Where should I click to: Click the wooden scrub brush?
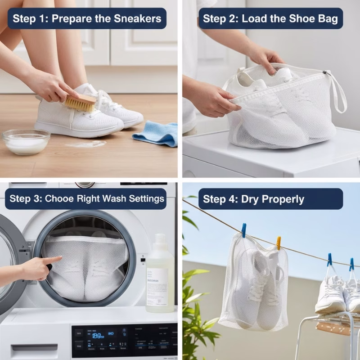click(x=81, y=102)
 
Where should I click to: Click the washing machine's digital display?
click(x=103, y=335)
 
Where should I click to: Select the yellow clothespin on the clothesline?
click(x=279, y=243)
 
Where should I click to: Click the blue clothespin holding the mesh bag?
click(x=243, y=230)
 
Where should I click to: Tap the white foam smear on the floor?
click(x=85, y=144)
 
